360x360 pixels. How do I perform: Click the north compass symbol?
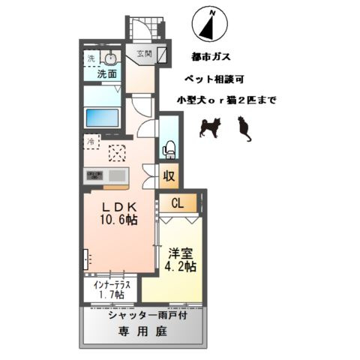[x=210, y=25]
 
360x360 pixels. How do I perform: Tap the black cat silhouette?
[x=243, y=130]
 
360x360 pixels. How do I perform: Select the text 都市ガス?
[x=211, y=55]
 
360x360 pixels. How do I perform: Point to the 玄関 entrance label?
[x=144, y=53]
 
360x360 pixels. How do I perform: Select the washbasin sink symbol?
[x=110, y=58]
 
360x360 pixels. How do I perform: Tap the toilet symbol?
[x=169, y=148]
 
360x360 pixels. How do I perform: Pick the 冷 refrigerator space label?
[x=90, y=140]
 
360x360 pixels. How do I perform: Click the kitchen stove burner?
[x=94, y=175]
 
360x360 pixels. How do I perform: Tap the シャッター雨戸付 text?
[x=141, y=315]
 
